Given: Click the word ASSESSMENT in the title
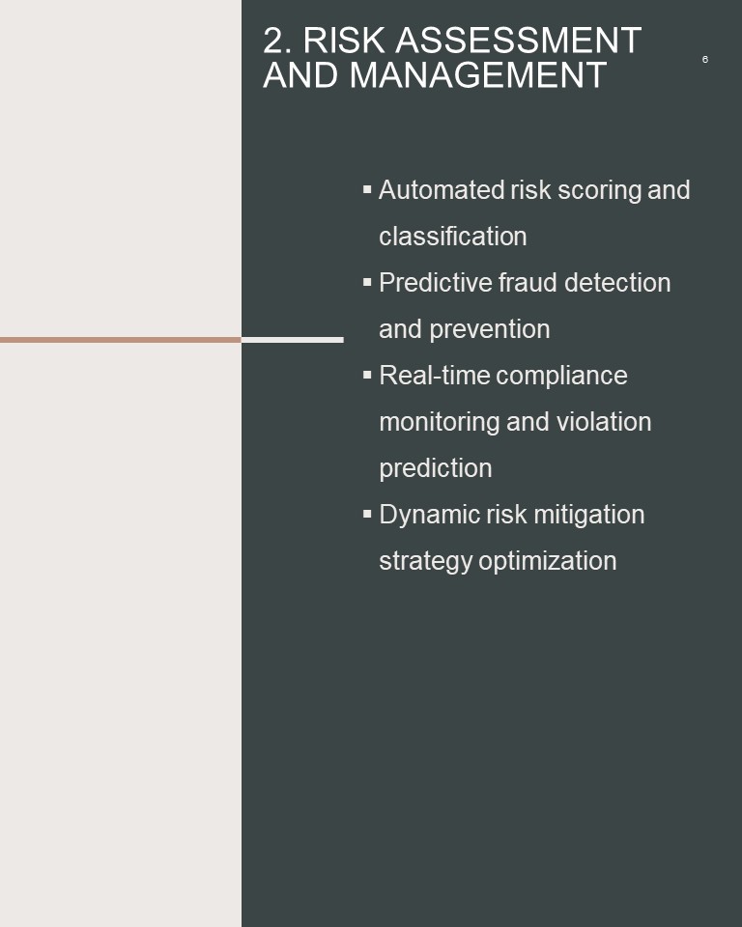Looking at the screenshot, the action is point(518,41).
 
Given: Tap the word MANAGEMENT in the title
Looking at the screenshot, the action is point(477,75).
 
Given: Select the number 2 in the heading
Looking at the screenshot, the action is point(273,41).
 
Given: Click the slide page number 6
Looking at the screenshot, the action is point(704,59).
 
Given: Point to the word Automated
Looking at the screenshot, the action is point(441,190).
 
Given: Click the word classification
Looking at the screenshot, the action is point(453,237).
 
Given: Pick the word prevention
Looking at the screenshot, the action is point(489,329).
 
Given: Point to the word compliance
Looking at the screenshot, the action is point(561,376).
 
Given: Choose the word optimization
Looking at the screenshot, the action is point(548,561).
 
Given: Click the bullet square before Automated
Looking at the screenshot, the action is point(367,189).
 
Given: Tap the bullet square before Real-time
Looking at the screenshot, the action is point(367,375).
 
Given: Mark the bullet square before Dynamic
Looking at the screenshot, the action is point(367,514).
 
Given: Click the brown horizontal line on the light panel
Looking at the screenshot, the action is point(121,340).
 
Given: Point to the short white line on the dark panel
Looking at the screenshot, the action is point(293,340).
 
